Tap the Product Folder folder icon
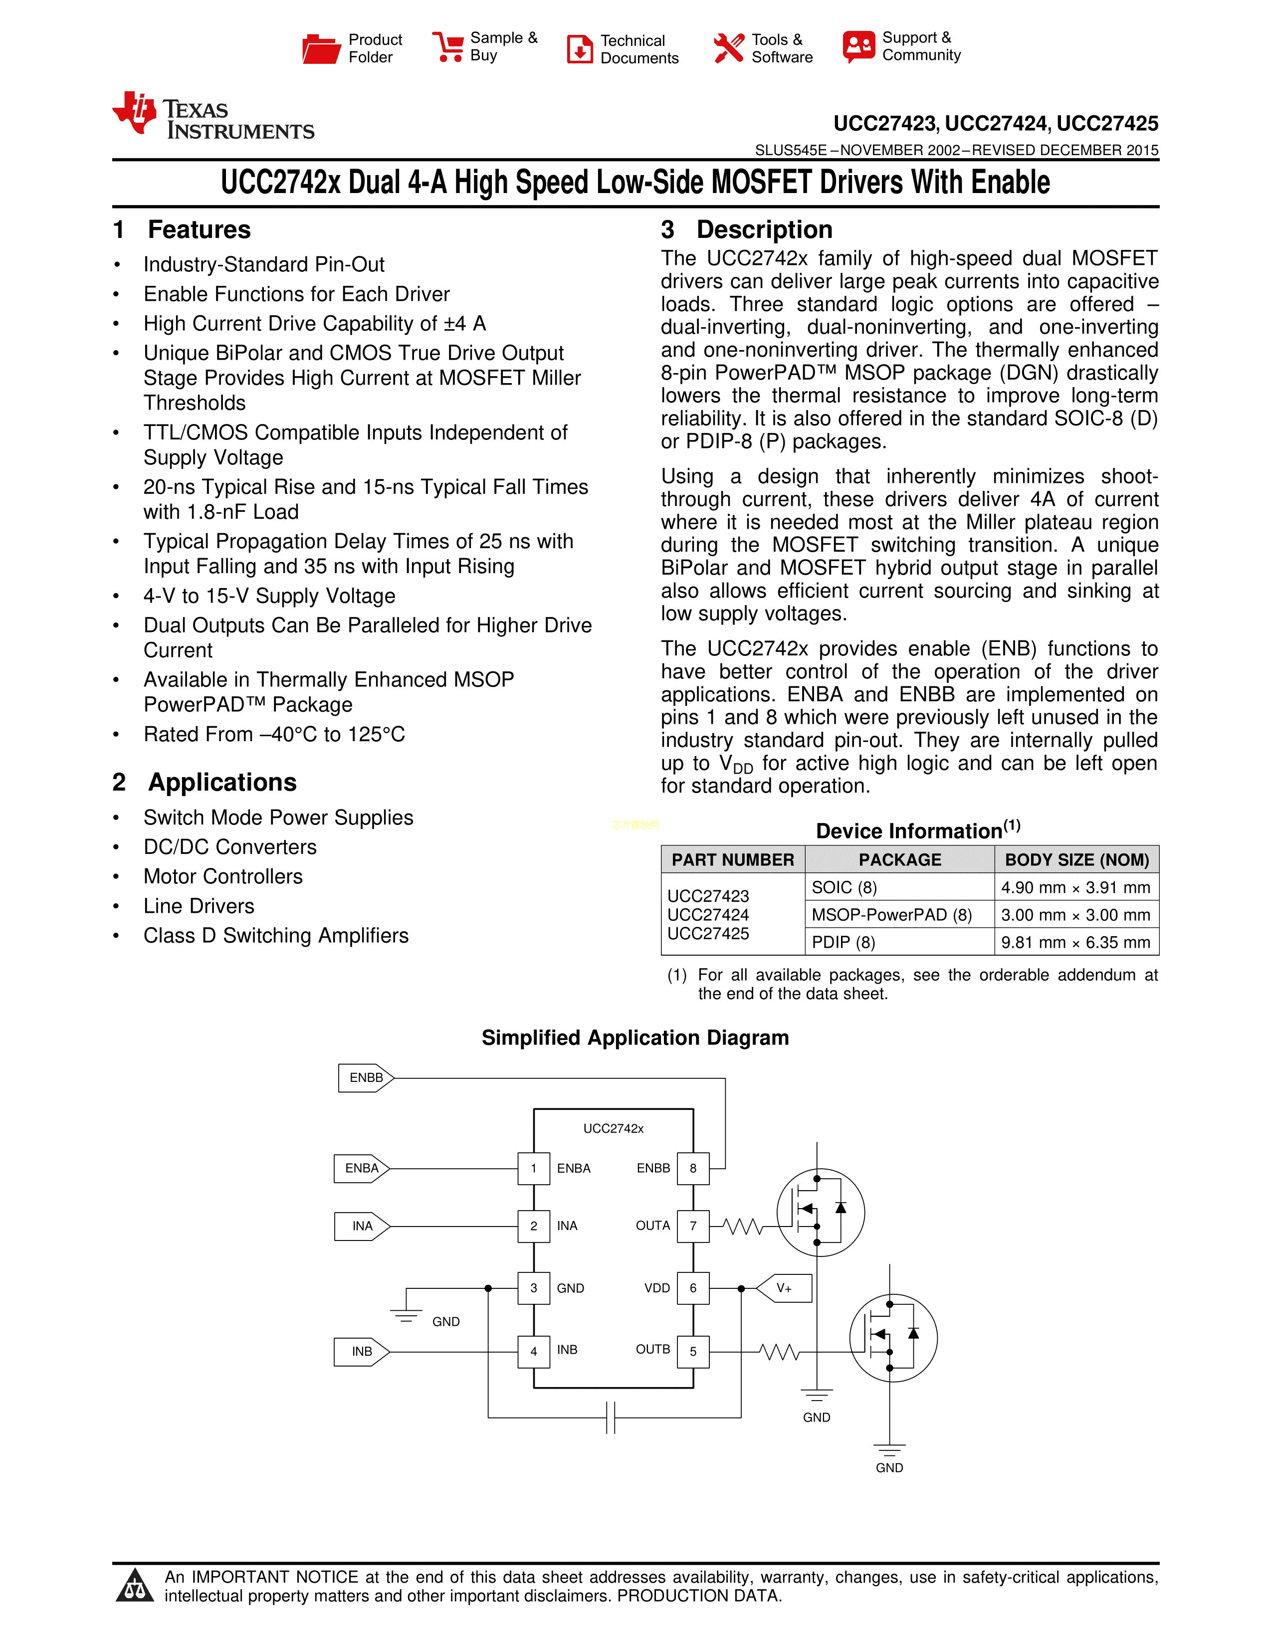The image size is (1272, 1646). tap(321, 49)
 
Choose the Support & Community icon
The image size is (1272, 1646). tap(859, 47)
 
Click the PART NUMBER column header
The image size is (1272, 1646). tap(732, 860)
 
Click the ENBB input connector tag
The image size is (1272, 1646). tap(366, 1078)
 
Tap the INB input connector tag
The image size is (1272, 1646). tap(362, 1351)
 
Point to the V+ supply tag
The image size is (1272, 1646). tap(785, 1288)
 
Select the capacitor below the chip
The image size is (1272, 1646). tap(611, 1418)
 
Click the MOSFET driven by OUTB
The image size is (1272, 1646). tap(893, 1338)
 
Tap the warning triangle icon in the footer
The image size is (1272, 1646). tap(135, 1586)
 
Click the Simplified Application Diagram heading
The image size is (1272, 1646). tap(635, 1038)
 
